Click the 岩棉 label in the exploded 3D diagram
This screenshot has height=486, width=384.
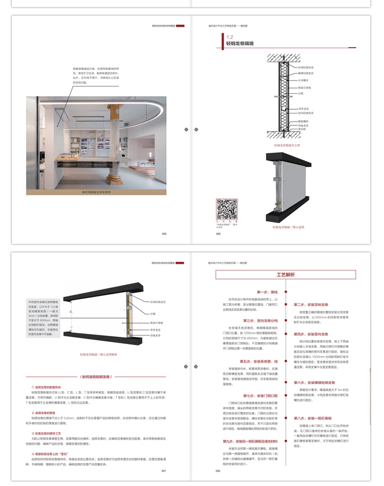(152, 313)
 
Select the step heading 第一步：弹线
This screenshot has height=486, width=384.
(267, 292)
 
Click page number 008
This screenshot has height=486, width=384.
(218, 470)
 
